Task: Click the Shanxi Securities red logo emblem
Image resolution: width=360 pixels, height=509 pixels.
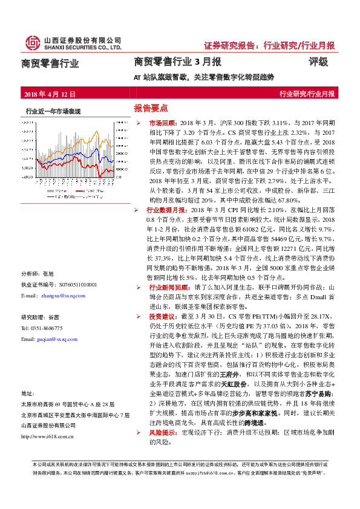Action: click(x=31, y=42)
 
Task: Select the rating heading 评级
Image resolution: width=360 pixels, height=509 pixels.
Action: click(x=318, y=62)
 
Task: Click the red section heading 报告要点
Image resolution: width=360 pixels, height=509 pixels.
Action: click(x=151, y=108)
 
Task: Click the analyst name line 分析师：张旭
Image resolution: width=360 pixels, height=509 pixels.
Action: click(x=38, y=273)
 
